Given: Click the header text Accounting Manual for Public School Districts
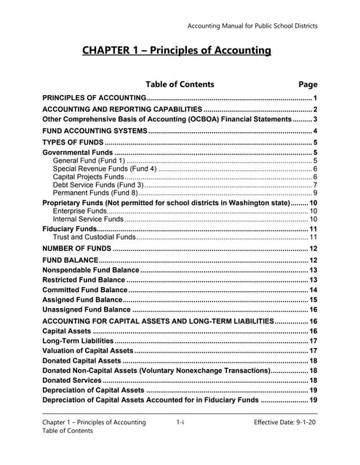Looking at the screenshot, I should coord(252,27).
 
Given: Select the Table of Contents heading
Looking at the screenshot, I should coord(180,84).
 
